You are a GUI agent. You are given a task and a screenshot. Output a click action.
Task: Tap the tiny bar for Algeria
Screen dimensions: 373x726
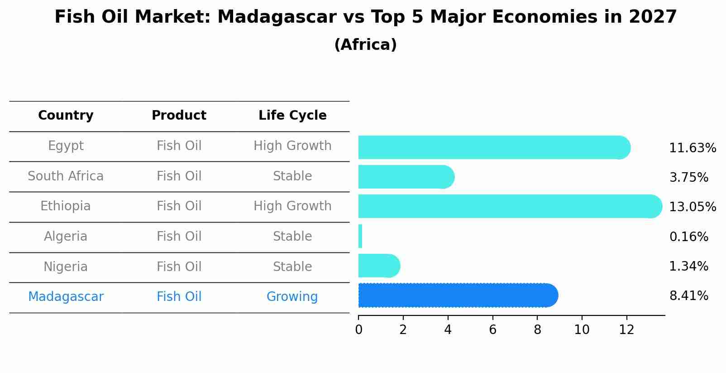(x=360, y=236)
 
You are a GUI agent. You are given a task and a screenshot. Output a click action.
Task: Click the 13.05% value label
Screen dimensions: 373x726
(x=692, y=207)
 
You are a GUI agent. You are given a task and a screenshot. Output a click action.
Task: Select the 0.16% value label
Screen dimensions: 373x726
(x=688, y=237)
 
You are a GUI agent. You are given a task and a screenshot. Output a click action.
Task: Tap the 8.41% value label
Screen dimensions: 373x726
(x=688, y=296)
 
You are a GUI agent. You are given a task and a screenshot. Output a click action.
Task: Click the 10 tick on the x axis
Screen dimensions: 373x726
(x=582, y=330)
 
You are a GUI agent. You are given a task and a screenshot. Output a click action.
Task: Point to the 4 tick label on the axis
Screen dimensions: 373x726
(x=448, y=330)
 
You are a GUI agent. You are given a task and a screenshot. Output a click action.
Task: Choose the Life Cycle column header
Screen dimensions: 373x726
(x=292, y=116)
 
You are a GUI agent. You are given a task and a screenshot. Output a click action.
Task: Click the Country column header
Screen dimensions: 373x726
(x=66, y=116)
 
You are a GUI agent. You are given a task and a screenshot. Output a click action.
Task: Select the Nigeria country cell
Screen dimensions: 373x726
(x=66, y=266)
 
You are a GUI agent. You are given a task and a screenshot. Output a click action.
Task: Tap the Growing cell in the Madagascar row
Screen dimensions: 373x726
(x=292, y=297)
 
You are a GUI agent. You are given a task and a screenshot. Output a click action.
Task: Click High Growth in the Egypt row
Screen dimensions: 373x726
(x=292, y=146)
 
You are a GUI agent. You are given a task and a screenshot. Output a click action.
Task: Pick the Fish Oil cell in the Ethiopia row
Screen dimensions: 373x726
(x=179, y=206)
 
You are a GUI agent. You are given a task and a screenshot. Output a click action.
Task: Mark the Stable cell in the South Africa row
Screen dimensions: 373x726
(x=292, y=176)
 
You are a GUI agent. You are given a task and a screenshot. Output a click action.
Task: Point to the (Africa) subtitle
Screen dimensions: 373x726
(x=365, y=45)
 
